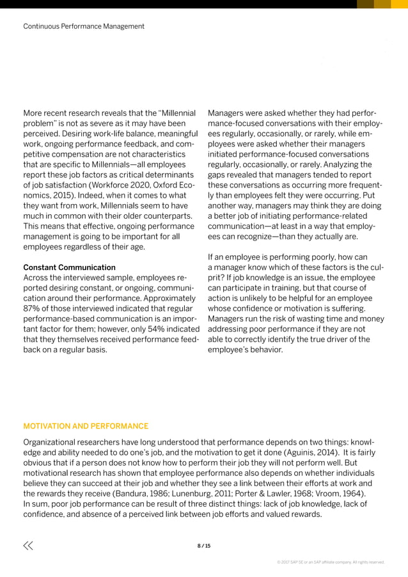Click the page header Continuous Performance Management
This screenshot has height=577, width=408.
click(x=83, y=26)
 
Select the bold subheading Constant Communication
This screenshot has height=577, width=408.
click(x=69, y=267)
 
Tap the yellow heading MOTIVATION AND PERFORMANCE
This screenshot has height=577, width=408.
click(x=86, y=426)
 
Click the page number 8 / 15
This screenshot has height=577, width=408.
click(x=203, y=546)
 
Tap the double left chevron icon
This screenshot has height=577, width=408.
click(x=28, y=546)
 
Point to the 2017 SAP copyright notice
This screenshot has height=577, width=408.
click(x=330, y=562)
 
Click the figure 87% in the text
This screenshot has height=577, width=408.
click(x=33, y=310)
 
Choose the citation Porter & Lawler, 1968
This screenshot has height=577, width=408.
click(x=290, y=494)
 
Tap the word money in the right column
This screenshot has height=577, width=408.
click(x=372, y=319)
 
